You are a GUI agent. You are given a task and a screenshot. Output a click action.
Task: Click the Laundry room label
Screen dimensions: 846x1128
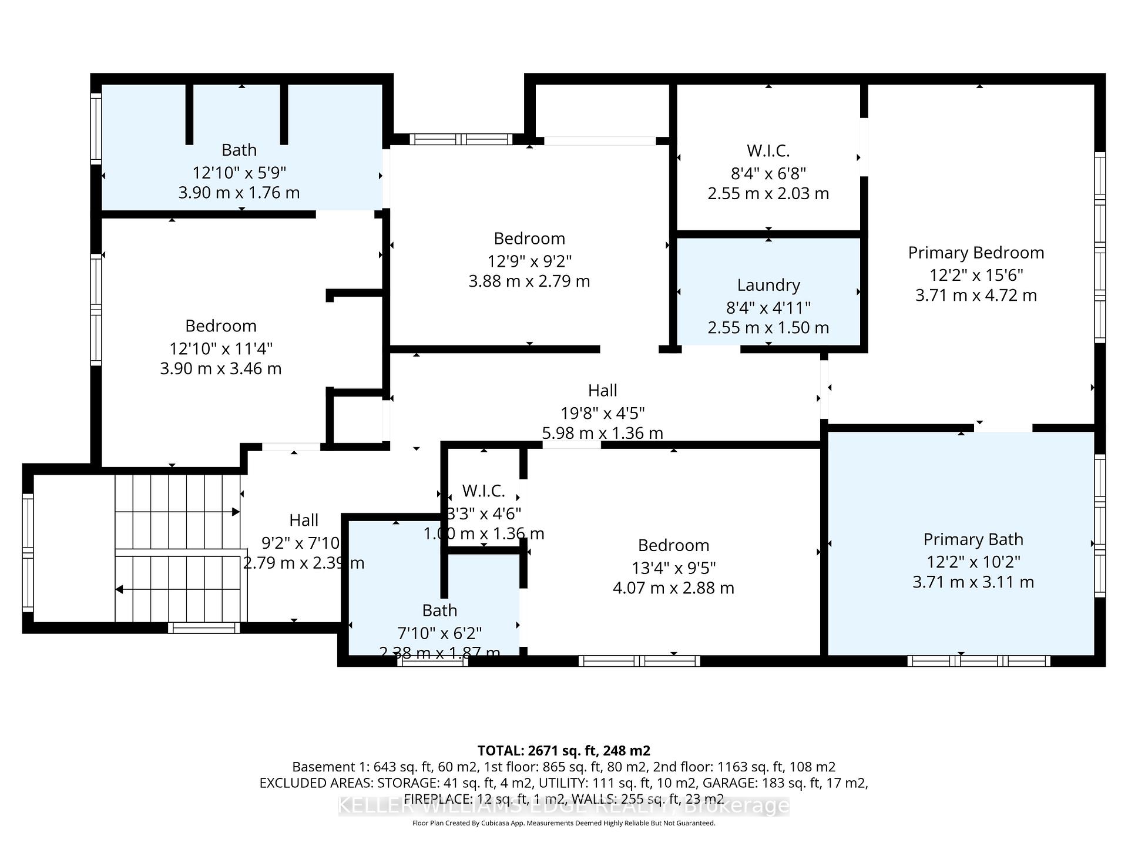click(x=768, y=286)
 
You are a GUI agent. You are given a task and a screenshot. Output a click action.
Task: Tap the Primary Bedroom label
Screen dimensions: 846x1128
click(x=976, y=253)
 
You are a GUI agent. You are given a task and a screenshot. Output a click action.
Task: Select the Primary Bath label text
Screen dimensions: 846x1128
click(x=973, y=539)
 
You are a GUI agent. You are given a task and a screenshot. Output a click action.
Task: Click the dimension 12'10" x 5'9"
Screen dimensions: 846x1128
click(x=239, y=173)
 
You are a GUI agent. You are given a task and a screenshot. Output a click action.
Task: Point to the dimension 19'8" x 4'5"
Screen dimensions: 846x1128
click(x=602, y=414)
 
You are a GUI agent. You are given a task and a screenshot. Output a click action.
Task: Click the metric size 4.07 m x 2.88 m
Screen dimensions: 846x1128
click(x=673, y=588)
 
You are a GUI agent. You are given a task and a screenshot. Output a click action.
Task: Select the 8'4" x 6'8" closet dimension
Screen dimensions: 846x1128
click(x=768, y=173)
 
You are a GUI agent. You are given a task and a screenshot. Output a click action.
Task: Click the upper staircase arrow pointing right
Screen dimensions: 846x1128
click(x=236, y=512)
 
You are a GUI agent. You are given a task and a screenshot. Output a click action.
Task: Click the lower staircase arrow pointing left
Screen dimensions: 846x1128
click(x=119, y=589)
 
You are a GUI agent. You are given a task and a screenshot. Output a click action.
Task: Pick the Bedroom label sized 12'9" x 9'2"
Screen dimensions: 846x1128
click(x=529, y=239)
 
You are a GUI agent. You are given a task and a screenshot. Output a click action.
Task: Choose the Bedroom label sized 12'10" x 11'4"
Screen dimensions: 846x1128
click(x=221, y=326)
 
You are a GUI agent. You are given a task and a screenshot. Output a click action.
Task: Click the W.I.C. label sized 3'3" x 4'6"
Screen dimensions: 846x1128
click(x=484, y=491)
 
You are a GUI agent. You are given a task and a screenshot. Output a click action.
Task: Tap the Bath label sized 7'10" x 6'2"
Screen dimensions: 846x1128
click(x=439, y=610)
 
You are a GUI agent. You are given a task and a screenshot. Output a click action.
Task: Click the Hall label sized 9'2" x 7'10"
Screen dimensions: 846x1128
click(x=304, y=520)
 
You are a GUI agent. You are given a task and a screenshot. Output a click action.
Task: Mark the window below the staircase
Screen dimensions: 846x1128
click(x=204, y=628)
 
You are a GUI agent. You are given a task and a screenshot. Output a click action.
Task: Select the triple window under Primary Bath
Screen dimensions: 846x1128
click(x=978, y=661)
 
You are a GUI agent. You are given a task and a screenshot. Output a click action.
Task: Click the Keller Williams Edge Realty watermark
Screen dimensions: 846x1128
click(x=563, y=806)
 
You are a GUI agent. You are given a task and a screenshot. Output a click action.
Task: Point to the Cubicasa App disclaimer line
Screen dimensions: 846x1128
click(x=563, y=823)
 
